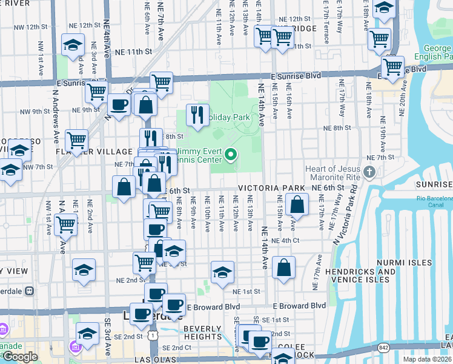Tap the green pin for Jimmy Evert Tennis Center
tap(230, 155)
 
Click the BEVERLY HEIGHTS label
tap(203, 333)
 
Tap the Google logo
tap(20, 357)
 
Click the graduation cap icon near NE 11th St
tap(73, 45)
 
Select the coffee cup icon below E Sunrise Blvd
tap(119, 104)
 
